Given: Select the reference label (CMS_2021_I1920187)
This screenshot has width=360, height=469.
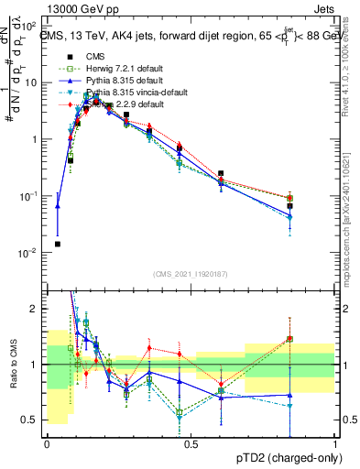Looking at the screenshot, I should tap(191, 274).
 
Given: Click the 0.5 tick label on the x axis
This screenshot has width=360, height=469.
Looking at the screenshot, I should tap(191, 444).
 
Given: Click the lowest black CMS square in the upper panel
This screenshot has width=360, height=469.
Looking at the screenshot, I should tap(58, 244).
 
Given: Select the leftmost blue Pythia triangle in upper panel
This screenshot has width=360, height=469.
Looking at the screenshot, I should tap(58, 206).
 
